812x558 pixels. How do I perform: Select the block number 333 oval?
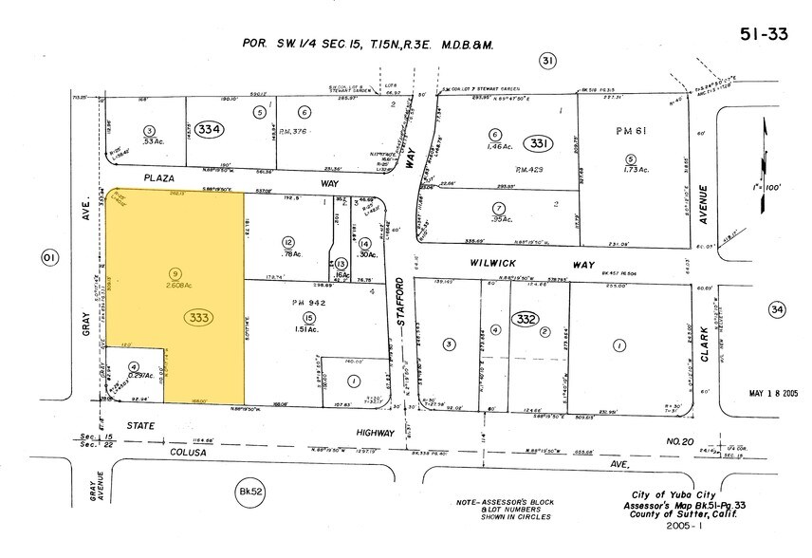click(200, 317)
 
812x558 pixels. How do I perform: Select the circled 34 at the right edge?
click(779, 309)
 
